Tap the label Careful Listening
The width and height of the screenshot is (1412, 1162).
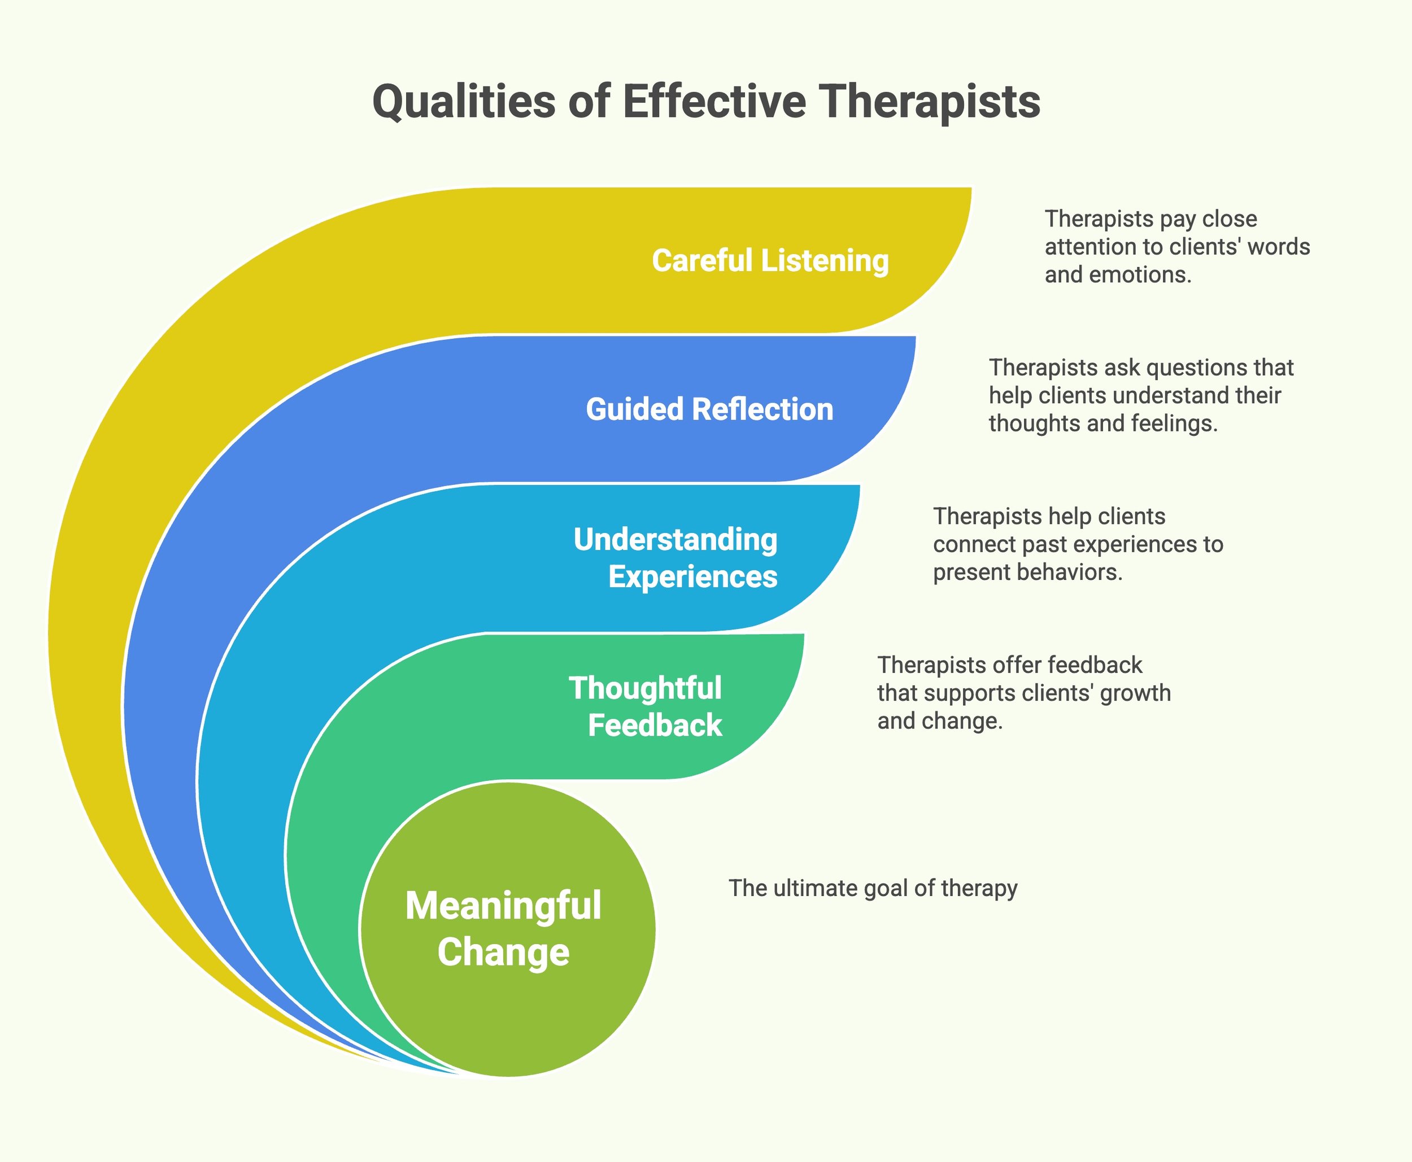pos(770,260)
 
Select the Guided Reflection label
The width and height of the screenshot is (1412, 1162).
pos(710,409)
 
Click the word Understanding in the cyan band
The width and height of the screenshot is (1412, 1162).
pos(675,540)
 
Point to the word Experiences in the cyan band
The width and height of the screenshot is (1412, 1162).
pos(692,576)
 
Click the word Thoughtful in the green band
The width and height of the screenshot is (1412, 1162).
pos(645,688)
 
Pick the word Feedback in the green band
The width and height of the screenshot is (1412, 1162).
pos(654,726)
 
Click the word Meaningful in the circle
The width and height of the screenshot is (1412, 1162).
pos(503,906)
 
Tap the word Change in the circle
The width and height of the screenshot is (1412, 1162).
pos(503,951)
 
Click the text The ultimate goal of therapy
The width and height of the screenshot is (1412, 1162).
pos(873,888)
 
